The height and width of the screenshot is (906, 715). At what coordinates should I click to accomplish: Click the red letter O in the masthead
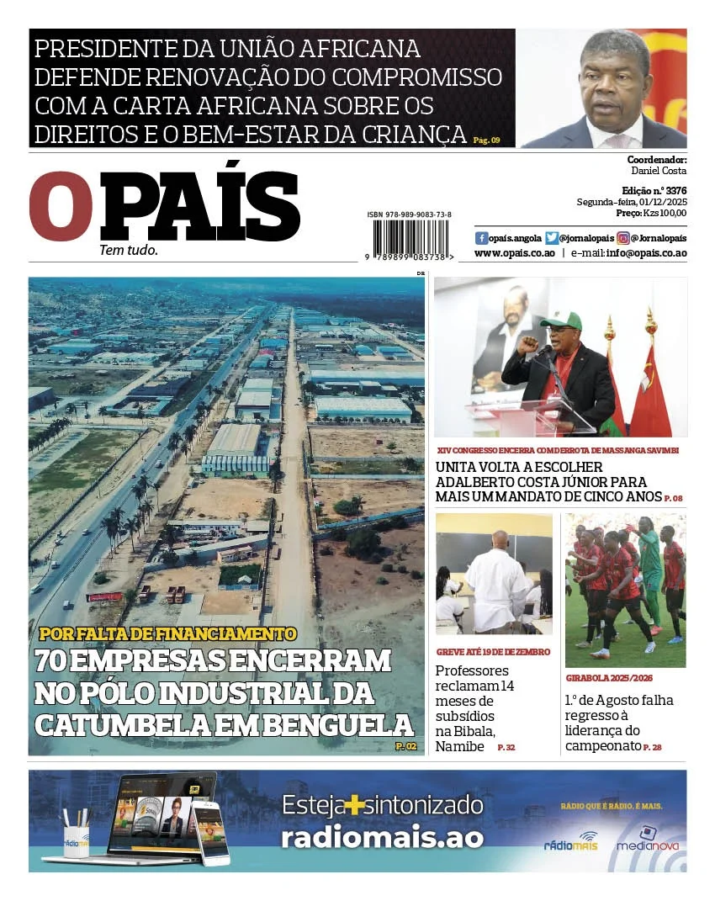[60, 207]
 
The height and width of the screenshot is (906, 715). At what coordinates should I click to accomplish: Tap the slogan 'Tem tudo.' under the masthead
[129, 250]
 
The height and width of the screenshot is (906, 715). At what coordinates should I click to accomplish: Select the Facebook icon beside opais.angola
[481, 238]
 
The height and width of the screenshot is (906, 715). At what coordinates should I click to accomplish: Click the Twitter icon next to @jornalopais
[552, 238]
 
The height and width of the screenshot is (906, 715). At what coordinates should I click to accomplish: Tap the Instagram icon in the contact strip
[623, 238]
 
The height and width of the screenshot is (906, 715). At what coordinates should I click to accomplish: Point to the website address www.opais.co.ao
[514, 253]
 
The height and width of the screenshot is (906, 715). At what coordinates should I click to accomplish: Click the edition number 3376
[675, 191]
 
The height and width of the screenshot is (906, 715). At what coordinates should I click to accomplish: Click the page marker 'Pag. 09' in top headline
[486, 140]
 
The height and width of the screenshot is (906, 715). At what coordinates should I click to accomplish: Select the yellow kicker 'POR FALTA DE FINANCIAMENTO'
[167, 633]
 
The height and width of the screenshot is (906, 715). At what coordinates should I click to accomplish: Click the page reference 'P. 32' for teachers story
[506, 747]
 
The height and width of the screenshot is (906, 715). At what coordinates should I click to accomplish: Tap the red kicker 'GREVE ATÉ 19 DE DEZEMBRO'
[493, 652]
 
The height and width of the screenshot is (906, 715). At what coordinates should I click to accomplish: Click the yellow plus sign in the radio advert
[357, 806]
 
